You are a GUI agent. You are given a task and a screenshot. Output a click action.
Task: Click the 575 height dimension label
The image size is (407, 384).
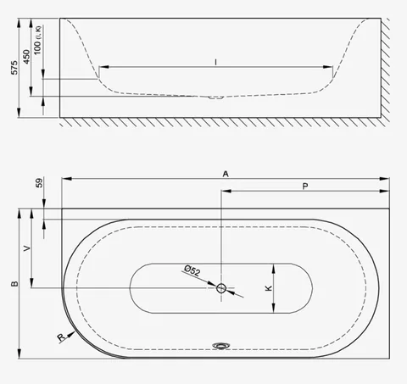pos(14,68)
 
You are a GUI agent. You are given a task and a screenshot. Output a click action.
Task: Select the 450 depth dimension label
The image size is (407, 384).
pos(26,57)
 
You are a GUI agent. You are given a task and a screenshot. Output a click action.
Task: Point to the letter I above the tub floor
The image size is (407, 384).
pos(215,62)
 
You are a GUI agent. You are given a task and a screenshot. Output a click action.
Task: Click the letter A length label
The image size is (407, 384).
pos(226,174)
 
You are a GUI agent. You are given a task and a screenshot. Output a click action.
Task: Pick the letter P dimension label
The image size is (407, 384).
pos(305,186)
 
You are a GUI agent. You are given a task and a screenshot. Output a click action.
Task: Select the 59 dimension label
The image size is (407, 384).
pos(40,183)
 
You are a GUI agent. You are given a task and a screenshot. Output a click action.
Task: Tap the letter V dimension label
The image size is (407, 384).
pos(27,248)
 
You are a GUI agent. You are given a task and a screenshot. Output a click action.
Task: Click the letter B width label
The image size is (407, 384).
pos(14,284)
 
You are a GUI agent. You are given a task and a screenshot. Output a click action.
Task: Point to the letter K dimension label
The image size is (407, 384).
pos(269,288)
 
